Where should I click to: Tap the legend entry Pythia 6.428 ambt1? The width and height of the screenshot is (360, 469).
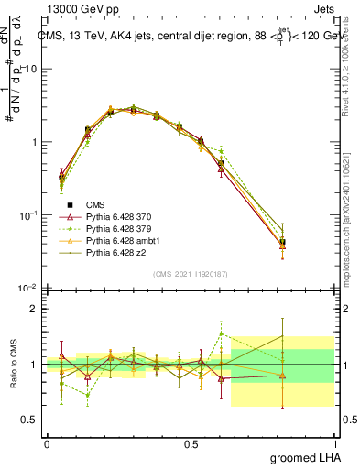tap(114, 240)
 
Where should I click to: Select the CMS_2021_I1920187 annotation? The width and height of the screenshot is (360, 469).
tap(190, 274)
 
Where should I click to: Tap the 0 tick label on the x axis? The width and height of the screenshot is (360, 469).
tap(47, 442)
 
